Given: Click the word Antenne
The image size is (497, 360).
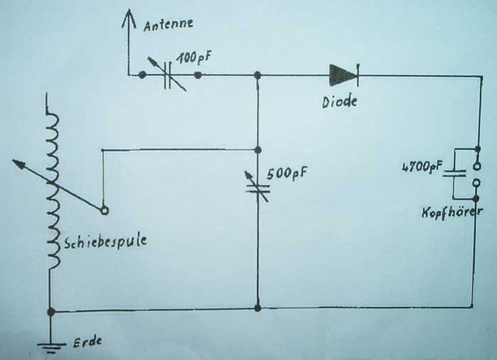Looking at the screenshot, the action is coord(168,23).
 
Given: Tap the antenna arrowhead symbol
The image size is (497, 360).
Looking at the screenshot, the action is coord(129,19).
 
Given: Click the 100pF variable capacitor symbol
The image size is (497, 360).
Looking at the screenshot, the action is coord(168,75).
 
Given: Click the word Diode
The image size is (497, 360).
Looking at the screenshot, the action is coord(339,102).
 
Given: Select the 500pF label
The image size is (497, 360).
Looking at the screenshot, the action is coord(287,173).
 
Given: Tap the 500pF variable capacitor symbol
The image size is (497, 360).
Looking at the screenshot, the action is coord(258,187).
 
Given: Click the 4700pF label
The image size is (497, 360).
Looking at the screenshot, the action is coord(422,167).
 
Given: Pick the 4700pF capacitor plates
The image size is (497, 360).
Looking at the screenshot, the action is coord(454,173).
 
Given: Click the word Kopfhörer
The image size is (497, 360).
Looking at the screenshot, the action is coord(452,212).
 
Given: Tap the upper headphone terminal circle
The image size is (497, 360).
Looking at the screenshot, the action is coord(476,165).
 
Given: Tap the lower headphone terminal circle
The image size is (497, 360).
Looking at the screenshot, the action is coord(476,183).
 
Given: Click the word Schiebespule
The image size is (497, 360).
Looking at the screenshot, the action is coord(106,241).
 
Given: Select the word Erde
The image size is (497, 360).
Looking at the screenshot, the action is coord(88,342).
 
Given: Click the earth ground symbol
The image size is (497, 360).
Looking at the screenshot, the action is coord(50,347).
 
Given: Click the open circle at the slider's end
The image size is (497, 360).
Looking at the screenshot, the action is coord(104,210).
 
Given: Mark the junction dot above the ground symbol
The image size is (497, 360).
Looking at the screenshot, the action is coord(50,312).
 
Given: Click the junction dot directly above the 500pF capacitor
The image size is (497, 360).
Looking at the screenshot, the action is coord(258,150).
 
